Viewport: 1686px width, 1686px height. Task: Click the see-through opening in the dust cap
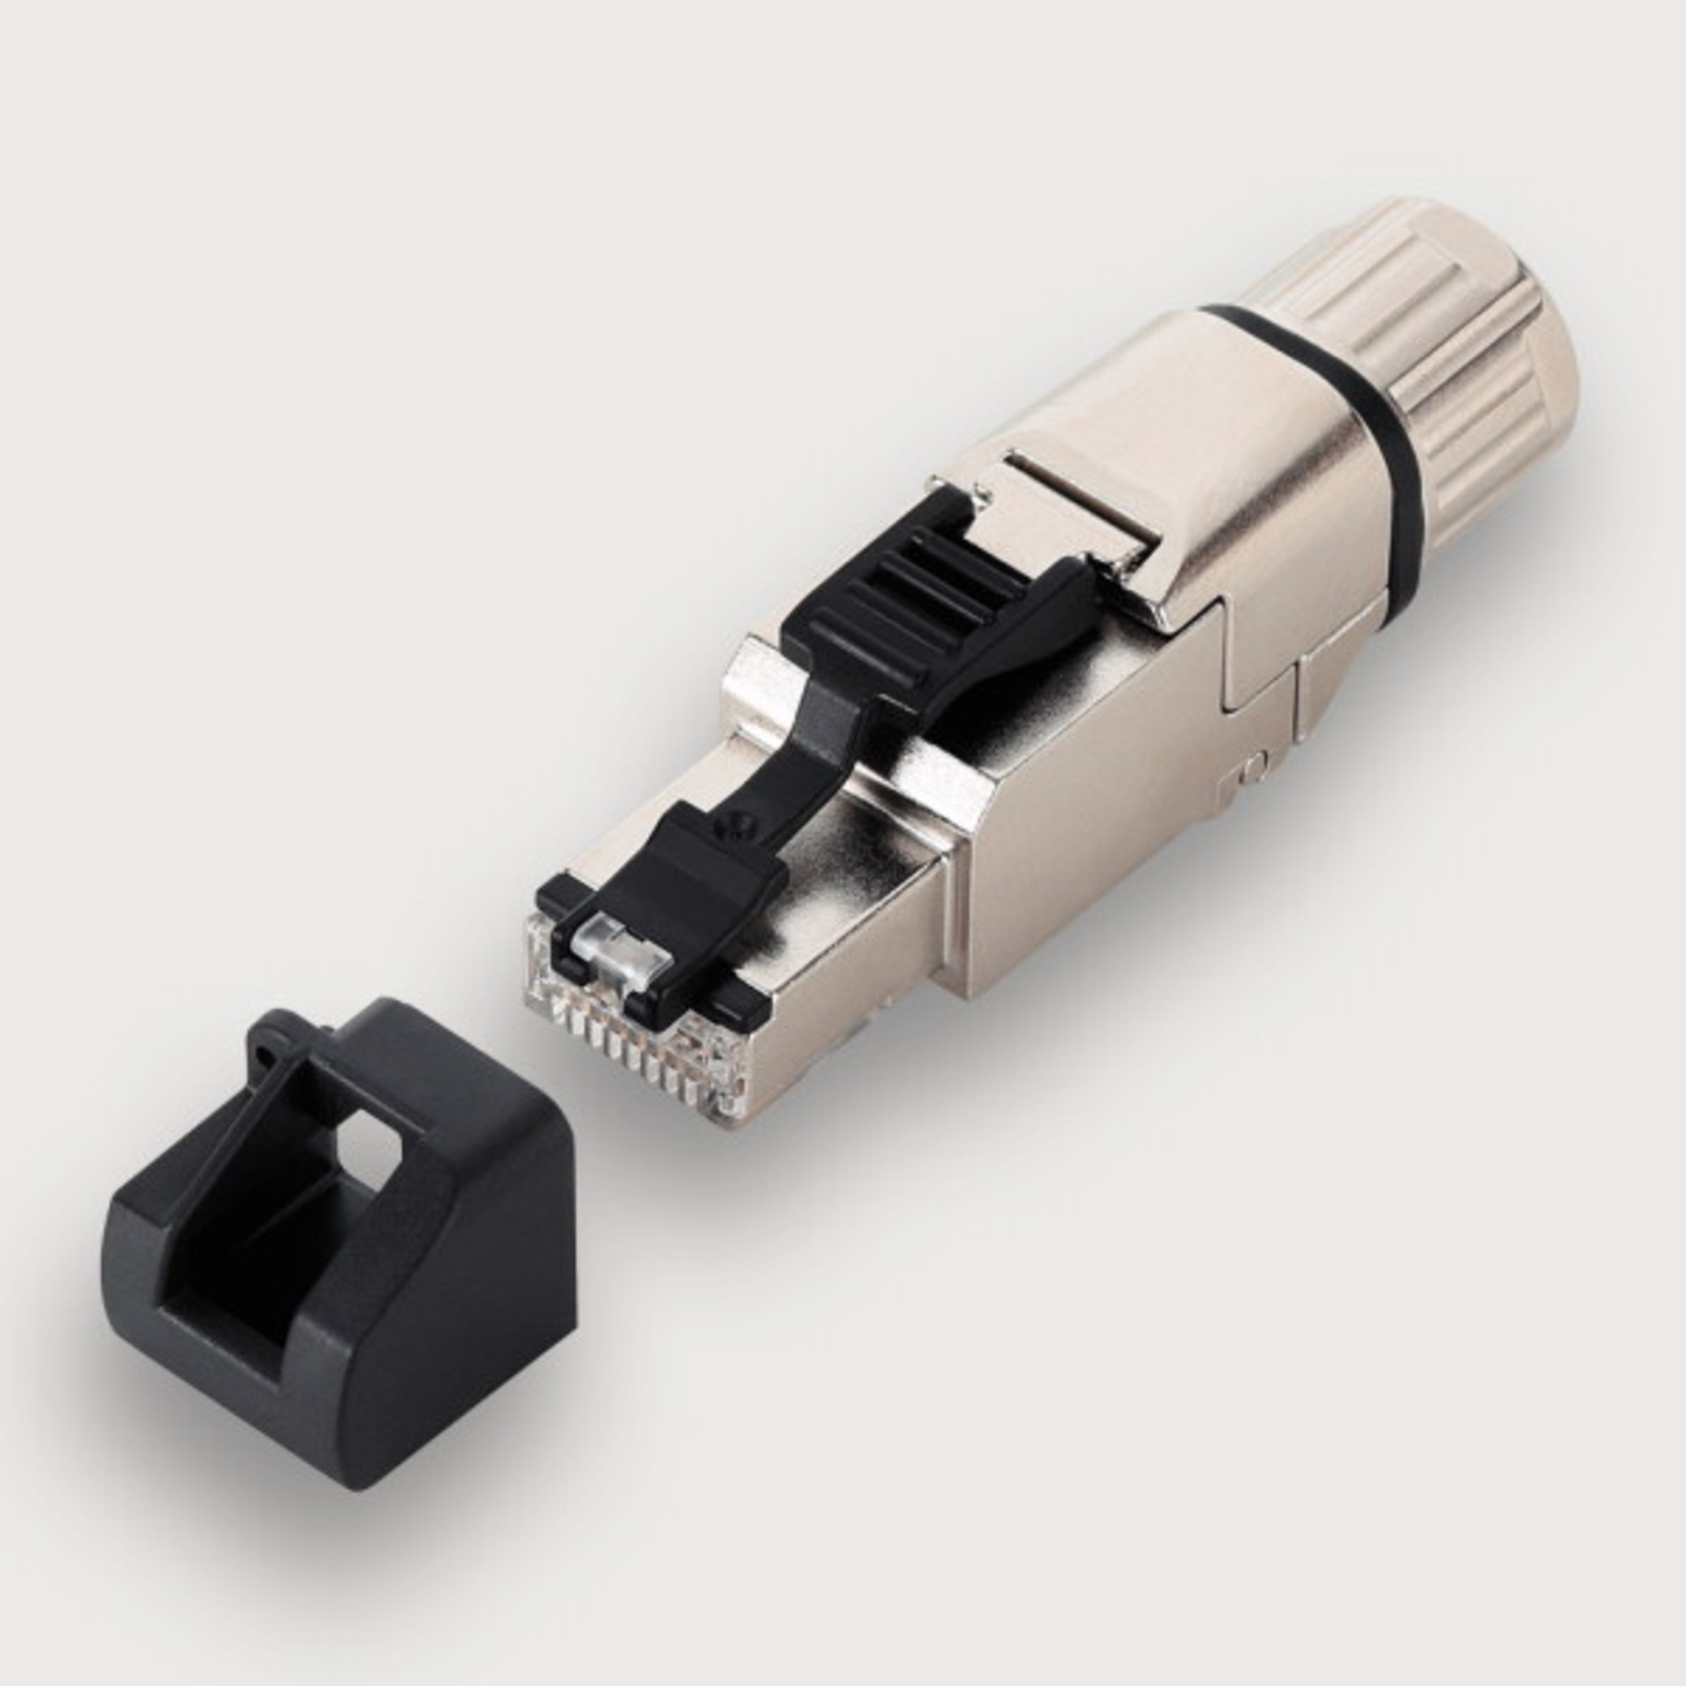(x=366, y=1135)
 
